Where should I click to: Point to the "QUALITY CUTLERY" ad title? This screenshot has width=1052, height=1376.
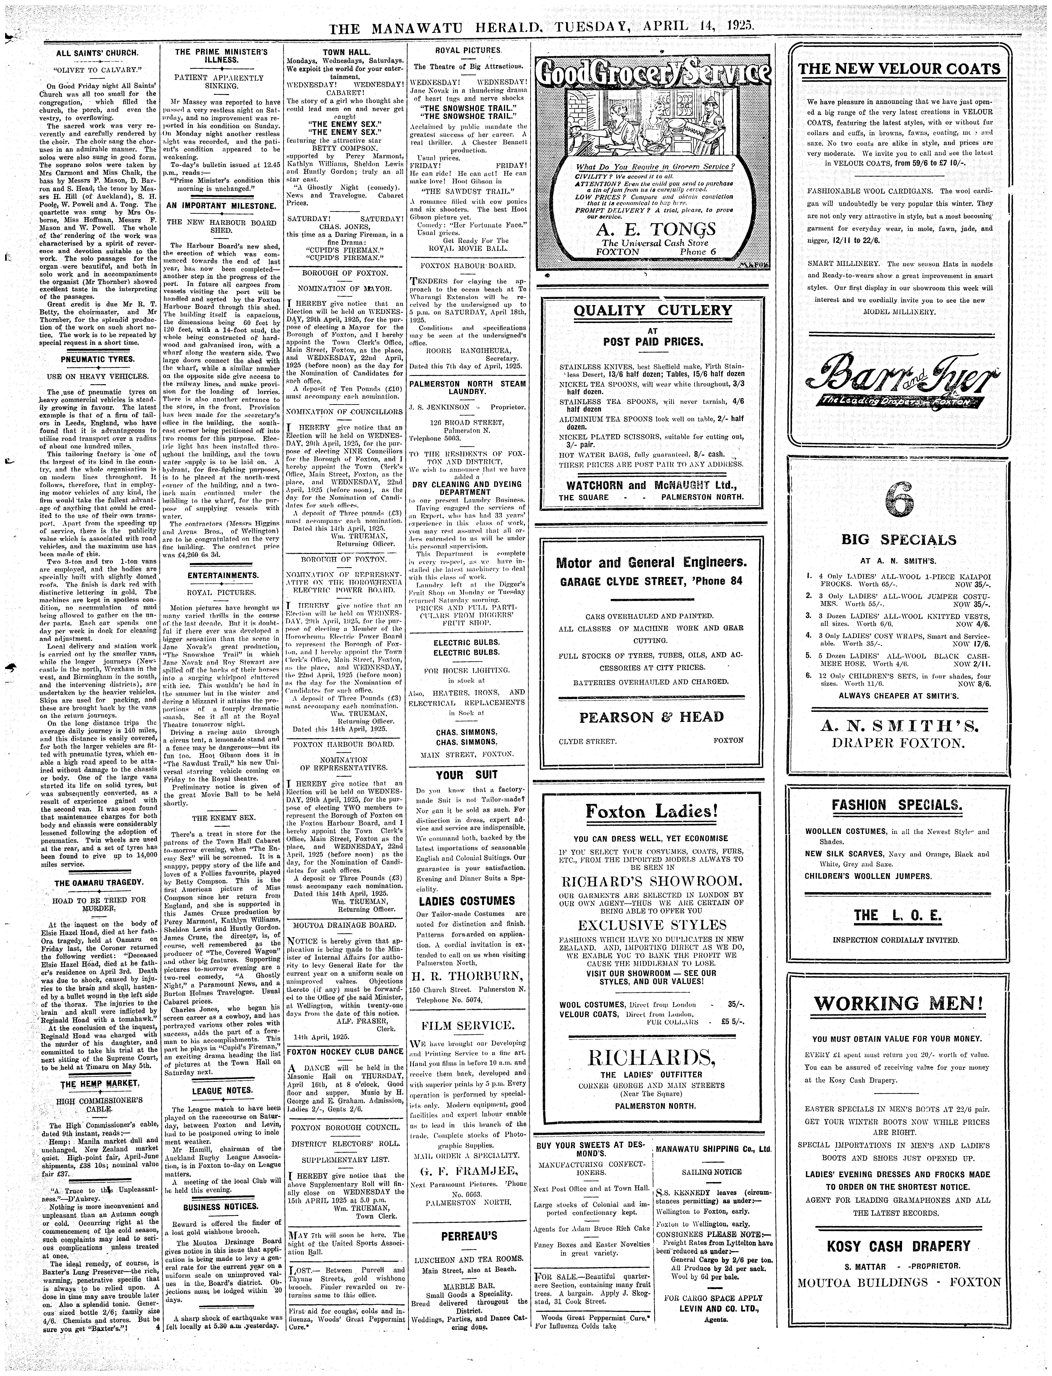pyautogui.click(x=652, y=310)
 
